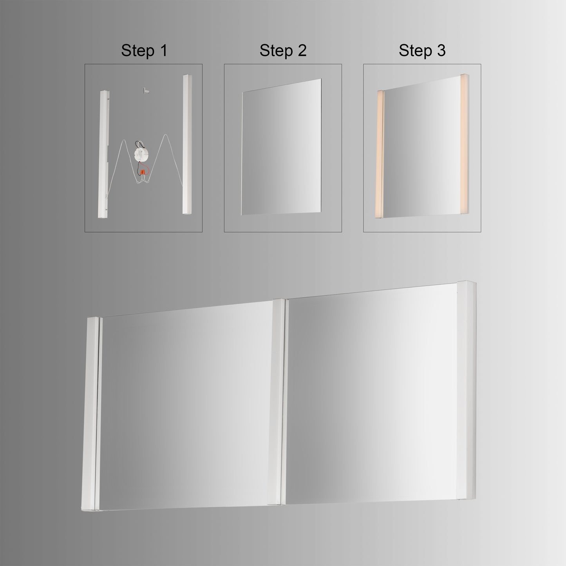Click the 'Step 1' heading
tap(144, 51)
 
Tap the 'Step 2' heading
tap(283, 51)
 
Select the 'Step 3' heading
tap(422, 51)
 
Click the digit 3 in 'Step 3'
tap(441, 51)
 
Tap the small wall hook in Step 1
tap(144, 90)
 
